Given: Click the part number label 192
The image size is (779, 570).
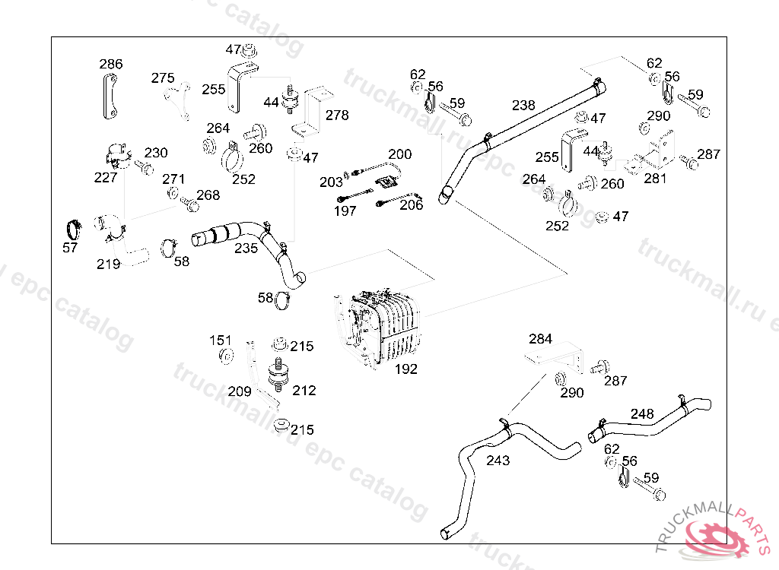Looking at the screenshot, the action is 406,369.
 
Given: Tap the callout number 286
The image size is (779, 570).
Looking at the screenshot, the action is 111,64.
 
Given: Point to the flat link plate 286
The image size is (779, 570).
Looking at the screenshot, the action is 110,97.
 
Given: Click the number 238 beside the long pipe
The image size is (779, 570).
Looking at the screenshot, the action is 523,106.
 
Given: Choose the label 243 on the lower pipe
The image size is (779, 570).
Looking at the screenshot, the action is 498,461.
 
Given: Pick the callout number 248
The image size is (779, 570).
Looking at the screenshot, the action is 642,413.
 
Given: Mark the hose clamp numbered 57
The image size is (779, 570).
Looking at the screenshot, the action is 74,230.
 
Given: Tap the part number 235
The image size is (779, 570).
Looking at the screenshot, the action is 246,249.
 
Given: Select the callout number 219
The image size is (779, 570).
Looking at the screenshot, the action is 108,264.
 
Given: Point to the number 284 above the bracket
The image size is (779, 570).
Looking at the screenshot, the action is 540,339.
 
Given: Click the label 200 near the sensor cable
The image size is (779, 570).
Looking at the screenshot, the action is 400,154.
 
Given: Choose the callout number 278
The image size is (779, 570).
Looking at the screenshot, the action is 337,116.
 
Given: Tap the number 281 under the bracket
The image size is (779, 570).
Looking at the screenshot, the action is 655,179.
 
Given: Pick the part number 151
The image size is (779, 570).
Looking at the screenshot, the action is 220,340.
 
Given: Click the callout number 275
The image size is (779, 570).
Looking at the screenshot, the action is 163,78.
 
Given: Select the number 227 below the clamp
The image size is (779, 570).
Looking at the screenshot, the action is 105,177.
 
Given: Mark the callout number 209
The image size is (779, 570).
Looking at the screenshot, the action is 240,391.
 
